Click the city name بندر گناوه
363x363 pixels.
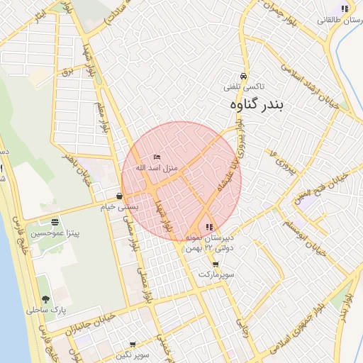(x=257, y=105)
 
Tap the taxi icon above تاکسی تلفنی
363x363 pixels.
(x=244, y=76)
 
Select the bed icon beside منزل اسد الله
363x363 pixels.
(x=157, y=157)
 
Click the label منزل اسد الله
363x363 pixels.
(x=160, y=167)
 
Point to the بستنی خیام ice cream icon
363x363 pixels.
(x=118, y=196)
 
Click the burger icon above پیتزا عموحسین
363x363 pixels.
(x=55, y=222)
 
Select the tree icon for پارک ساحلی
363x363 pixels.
(x=46, y=299)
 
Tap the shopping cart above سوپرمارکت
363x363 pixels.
(x=216, y=264)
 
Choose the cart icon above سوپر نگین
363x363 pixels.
(x=133, y=345)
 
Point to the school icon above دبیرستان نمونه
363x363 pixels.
(x=208, y=227)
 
